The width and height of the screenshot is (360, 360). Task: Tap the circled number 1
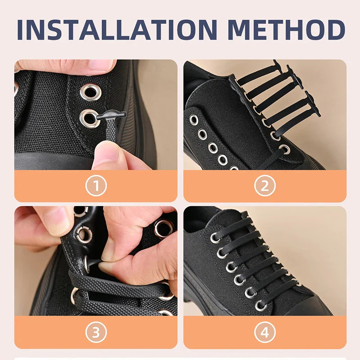tap(96, 185)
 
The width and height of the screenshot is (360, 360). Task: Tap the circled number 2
tap(265, 185)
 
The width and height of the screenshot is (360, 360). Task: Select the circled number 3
tap(96, 332)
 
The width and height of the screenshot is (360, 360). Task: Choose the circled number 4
tap(265, 332)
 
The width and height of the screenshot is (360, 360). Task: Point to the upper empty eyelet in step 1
tap(90, 91)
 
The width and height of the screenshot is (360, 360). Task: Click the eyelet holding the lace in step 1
tap(90, 118)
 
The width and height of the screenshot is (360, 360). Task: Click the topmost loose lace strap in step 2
tap(259, 74)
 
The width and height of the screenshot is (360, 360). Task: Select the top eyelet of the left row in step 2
tap(194, 120)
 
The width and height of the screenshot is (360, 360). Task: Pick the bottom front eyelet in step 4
tap(261, 306)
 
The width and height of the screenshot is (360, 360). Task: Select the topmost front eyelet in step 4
tap(215, 238)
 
